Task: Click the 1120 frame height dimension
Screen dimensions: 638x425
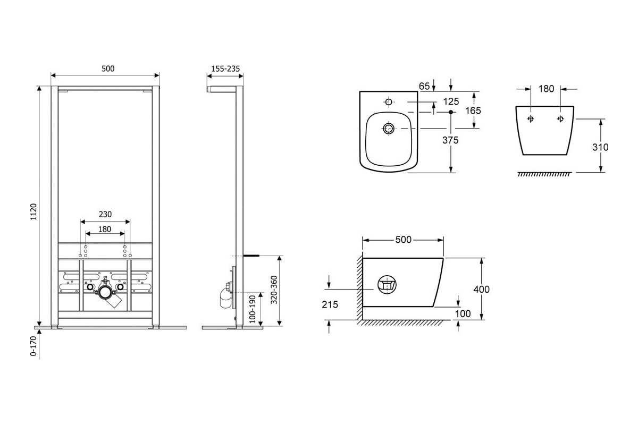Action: [x=33, y=211]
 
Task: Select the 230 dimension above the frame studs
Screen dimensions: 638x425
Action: [x=105, y=214]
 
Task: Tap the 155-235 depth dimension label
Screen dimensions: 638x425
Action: [x=225, y=69]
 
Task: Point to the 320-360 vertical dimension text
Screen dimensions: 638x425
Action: [x=274, y=290]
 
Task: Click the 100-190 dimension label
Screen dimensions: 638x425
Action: [x=253, y=309]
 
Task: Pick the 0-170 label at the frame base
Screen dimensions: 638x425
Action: [x=33, y=346]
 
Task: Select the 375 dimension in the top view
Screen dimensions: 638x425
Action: [x=450, y=140]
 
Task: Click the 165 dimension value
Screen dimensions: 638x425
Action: [x=473, y=110]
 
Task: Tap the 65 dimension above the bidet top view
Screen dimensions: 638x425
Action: [x=424, y=86]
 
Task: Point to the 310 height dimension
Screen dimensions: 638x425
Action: [x=600, y=147]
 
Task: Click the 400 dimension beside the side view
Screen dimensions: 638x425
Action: [x=481, y=289]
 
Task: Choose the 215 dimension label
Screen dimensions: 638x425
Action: [x=330, y=304]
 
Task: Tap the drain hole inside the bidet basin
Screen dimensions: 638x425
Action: [x=389, y=129]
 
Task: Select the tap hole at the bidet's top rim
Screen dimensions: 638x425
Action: [x=389, y=102]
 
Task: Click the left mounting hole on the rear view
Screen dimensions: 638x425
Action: [x=531, y=118]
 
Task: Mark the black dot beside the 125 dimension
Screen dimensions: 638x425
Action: [x=451, y=112]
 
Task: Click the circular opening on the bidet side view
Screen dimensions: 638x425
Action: [x=387, y=285]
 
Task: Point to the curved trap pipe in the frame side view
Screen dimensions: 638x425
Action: [x=225, y=299]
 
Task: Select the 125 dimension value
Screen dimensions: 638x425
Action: [x=451, y=101]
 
